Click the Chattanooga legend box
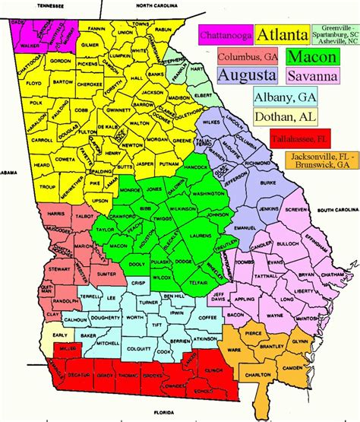tap(226, 34)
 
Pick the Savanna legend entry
tap(311, 75)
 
